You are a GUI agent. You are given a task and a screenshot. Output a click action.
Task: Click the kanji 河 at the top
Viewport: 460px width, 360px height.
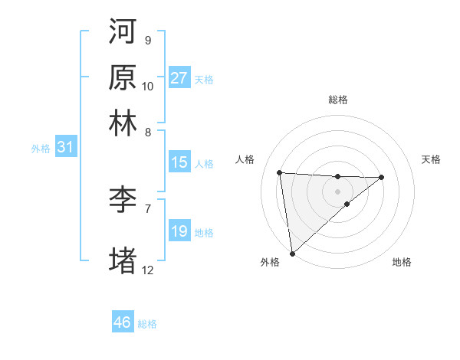[x=123, y=32]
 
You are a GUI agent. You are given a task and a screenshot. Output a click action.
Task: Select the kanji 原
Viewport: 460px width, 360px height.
[x=123, y=77]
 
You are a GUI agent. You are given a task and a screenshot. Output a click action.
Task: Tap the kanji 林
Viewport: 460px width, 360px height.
[x=123, y=123]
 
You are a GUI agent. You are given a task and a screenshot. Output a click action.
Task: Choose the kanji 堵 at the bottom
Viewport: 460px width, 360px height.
[x=123, y=260]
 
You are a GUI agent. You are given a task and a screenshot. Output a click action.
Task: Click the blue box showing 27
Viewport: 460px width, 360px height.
[x=179, y=78]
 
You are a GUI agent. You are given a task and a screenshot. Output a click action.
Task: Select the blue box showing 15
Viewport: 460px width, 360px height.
[x=179, y=162]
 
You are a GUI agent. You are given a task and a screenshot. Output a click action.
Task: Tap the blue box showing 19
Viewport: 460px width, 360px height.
[x=179, y=231]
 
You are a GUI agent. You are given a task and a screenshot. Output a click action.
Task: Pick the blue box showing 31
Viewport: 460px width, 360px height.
[x=66, y=148]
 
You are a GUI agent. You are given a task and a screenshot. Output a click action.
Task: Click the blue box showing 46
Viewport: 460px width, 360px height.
[x=123, y=322]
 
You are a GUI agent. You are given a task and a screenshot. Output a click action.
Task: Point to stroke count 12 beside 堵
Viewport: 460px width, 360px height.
[x=148, y=270]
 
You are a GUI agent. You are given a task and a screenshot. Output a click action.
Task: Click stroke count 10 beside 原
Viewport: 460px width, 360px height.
[x=148, y=87]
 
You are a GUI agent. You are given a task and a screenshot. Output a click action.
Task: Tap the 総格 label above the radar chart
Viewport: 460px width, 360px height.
[x=337, y=100]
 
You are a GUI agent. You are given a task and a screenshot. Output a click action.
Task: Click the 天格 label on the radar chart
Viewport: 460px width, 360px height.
[x=432, y=159]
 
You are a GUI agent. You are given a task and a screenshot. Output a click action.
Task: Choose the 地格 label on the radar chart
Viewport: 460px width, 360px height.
[x=402, y=262]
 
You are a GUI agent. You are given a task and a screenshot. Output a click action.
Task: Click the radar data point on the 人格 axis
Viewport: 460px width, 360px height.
[x=280, y=172]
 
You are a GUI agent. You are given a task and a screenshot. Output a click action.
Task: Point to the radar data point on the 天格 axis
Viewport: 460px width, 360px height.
[x=382, y=177]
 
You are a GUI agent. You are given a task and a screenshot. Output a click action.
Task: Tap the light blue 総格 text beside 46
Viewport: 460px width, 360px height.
[x=147, y=324]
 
